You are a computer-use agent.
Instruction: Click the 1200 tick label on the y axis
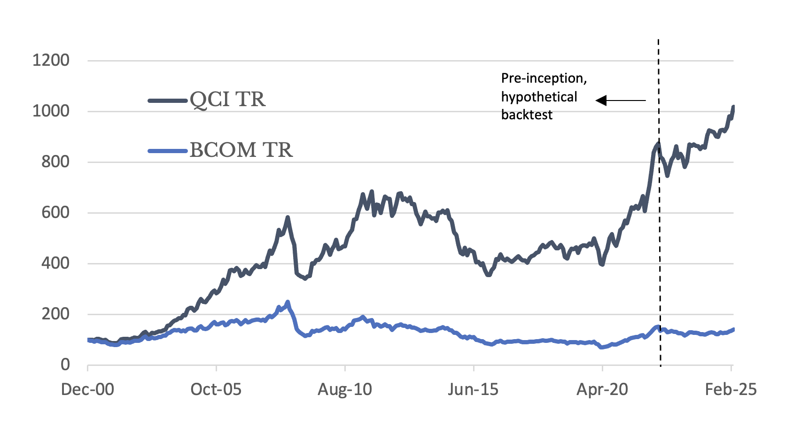tap(51, 60)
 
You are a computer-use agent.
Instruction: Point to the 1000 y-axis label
tap(51, 111)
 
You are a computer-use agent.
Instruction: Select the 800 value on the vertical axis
tap(55, 162)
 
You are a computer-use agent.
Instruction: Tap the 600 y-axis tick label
tap(55, 212)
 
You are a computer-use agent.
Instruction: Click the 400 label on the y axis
tap(55, 263)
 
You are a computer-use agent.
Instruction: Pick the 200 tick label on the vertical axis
tap(55, 314)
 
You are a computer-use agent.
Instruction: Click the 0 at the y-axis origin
tap(65, 364)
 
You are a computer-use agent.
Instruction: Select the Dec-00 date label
tap(87, 389)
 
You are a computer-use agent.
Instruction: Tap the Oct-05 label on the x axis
tap(216, 389)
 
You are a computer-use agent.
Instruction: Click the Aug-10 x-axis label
tap(344, 389)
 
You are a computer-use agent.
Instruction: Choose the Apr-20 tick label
tap(602, 389)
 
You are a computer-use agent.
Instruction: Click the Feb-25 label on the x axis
tap(731, 389)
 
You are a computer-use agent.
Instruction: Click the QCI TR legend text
tap(227, 100)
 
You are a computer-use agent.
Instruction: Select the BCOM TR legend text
tap(241, 150)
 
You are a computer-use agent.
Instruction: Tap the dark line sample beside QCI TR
tap(168, 101)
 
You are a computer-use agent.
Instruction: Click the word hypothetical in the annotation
tap(539, 97)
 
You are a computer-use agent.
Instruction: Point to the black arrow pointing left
tap(620, 101)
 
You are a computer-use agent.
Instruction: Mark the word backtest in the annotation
tap(527, 115)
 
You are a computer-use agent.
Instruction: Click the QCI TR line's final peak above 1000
tap(733, 108)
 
